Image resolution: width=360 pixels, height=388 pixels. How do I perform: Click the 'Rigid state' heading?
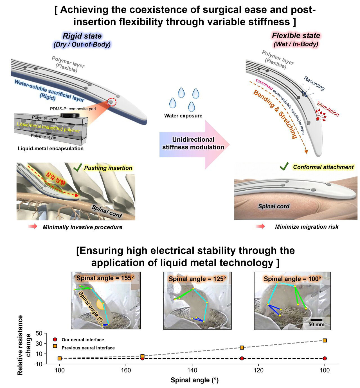coord(82,36)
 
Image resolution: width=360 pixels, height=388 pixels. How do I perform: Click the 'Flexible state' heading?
coord(296,36)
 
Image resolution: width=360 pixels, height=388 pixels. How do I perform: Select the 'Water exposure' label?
coord(183,116)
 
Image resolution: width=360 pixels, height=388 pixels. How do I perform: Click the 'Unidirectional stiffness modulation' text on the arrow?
coord(193,143)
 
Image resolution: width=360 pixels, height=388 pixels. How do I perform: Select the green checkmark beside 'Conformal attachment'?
coord(284,167)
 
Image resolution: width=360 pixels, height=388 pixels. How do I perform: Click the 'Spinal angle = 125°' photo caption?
coord(197,279)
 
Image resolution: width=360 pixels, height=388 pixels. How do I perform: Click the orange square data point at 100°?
coord(325,340)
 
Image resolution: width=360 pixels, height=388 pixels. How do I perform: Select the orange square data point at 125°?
coord(242,347)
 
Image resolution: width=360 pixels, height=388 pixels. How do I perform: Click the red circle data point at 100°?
coord(325,358)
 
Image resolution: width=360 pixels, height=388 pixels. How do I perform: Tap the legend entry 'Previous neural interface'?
coord(88,348)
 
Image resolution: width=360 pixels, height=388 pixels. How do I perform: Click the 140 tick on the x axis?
coord(192,370)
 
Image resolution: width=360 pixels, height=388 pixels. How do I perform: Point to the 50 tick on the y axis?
coord(39,333)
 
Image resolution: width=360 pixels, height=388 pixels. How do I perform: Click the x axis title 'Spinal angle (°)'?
coord(194,380)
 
